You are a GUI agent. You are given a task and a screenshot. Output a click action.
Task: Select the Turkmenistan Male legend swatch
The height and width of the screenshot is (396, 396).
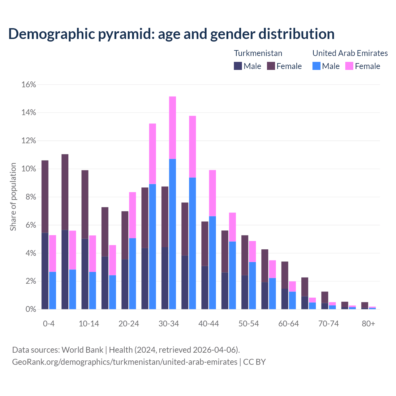238,66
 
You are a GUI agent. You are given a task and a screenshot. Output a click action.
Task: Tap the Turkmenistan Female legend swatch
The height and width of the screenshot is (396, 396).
271,66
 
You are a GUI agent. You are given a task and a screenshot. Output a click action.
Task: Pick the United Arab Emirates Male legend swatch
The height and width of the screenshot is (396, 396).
316,66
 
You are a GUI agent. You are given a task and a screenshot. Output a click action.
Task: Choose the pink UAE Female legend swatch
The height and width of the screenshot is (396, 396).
349,66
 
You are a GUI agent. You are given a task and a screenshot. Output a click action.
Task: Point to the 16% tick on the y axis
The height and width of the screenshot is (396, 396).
29,84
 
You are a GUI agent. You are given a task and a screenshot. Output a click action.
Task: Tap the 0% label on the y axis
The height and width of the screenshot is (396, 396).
31,309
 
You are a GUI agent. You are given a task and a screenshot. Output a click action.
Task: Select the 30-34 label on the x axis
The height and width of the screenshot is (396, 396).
169,324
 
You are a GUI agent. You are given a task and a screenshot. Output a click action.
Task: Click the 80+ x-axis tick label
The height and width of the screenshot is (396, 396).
368,324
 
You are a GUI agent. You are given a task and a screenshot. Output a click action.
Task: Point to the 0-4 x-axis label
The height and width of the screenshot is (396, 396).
49,324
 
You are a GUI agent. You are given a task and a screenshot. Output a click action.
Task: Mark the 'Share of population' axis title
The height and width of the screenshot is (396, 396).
13,197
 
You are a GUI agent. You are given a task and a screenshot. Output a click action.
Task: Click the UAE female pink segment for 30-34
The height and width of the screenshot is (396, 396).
173,127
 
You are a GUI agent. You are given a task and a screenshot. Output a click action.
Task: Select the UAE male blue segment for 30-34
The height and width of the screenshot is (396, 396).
173,234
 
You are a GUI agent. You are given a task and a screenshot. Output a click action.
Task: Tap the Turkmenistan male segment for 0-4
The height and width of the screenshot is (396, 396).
45,271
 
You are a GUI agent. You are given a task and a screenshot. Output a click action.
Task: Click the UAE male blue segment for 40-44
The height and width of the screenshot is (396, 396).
213,263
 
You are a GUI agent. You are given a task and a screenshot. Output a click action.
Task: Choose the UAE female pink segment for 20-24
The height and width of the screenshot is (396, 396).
132,215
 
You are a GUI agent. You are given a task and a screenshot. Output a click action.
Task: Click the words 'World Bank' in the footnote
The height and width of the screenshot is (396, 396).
82,350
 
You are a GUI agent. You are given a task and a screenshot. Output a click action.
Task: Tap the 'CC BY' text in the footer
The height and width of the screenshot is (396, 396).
254,362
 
